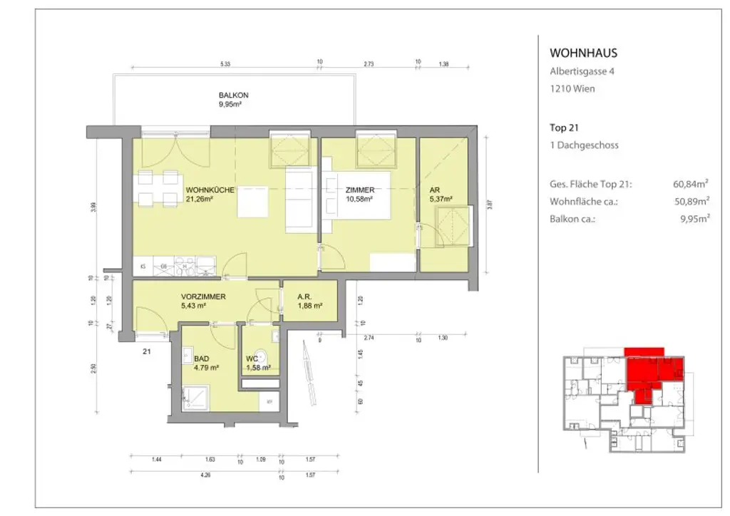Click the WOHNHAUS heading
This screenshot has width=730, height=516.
(x=583, y=53)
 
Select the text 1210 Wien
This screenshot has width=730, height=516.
(x=572, y=89)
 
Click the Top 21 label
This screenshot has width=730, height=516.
(x=563, y=128)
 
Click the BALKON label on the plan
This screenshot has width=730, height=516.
(x=233, y=96)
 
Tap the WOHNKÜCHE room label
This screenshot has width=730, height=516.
(x=211, y=190)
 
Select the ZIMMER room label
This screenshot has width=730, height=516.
(x=360, y=190)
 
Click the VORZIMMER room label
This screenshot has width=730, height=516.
(x=204, y=296)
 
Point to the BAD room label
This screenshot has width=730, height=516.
(x=202, y=359)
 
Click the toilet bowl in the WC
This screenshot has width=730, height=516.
(x=262, y=356)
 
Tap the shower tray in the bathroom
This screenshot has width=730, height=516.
(x=195, y=394)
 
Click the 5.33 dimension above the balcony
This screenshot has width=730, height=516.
(x=225, y=64)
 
